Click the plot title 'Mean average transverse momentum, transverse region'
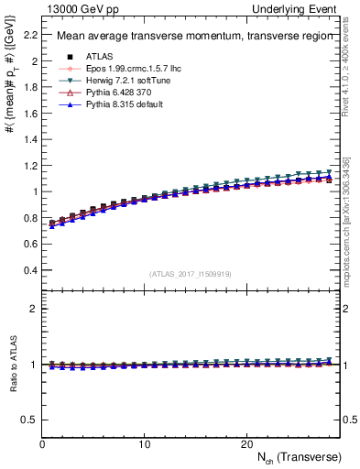[x=187, y=38]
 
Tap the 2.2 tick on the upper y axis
[x=29, y=36]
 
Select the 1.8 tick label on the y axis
[x=29, y=88]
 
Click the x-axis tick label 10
[x=144, y=444]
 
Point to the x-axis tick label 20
[x=245, y=444]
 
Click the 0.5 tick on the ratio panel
[x=29, y=420]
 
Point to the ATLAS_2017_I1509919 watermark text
[x=191, y=274]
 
